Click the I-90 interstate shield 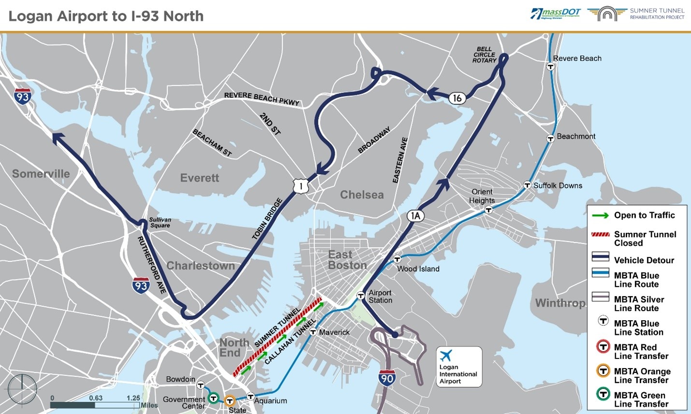point(387,378)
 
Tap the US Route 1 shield point(301,186)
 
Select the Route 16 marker point(457,98)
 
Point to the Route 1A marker point(415,215)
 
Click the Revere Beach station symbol point(550,66)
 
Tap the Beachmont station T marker point(550,139)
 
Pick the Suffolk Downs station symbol point(528,185)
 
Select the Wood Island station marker point(397,259)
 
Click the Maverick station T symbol point(313,332)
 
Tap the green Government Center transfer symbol point(213,398)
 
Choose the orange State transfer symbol point(230,400)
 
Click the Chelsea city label point(361,195)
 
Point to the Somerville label point(41,174)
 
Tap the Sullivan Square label point(160,222)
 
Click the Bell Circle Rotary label point(485,55)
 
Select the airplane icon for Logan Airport point(446,356)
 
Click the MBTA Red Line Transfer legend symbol point(603,347)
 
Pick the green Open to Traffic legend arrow point(600,215)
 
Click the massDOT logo point(556,14)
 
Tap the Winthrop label point(560,303)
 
